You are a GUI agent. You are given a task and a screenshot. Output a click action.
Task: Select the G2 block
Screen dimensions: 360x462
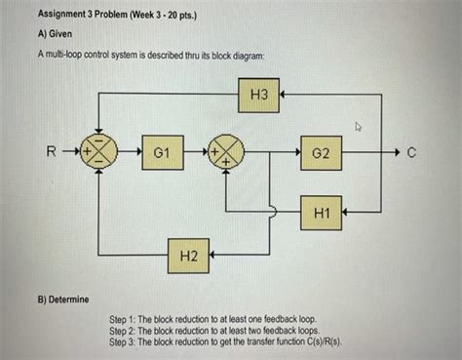(322, 154)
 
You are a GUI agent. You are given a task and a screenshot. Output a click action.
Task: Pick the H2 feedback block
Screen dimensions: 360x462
(189, 255)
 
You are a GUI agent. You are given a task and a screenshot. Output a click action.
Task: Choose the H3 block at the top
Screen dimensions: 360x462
(258, 96)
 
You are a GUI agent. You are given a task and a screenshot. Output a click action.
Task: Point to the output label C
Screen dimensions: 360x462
(414, 154)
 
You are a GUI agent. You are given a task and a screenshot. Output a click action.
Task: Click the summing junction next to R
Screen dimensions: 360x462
(100, 154)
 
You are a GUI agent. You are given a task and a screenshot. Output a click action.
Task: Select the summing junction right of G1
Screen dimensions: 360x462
(227, 154)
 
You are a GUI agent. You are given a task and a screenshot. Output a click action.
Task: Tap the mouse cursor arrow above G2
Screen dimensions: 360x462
(358, 127)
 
